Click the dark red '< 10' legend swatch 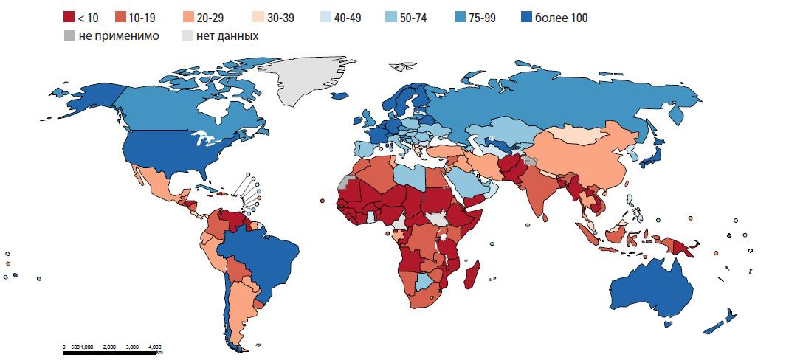point(69,18)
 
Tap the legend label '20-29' point(210,18)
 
